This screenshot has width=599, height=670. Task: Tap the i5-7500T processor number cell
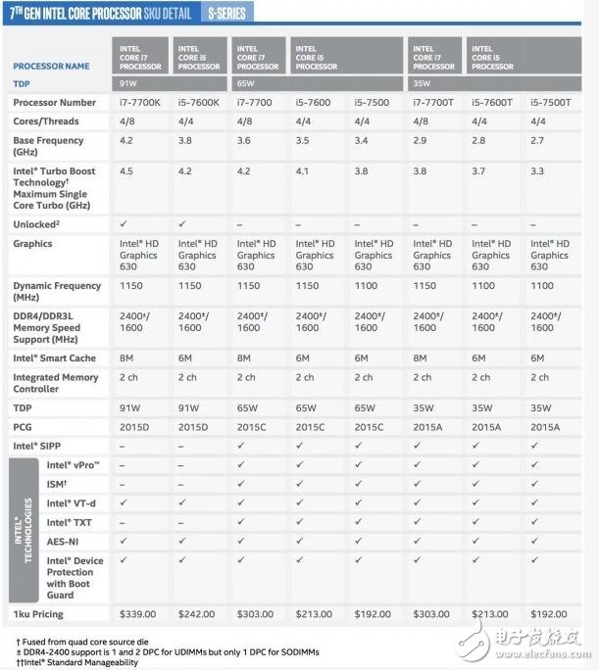point(549,102)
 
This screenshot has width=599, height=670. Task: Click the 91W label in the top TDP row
point(129,84)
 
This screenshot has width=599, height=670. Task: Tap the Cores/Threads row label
point(46,121)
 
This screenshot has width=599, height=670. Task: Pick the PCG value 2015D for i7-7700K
point(136,426)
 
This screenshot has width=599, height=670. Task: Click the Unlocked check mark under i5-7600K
point(181,224)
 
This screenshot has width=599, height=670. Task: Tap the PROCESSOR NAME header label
point(51,67)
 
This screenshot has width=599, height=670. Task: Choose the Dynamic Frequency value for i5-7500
point(367,286)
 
